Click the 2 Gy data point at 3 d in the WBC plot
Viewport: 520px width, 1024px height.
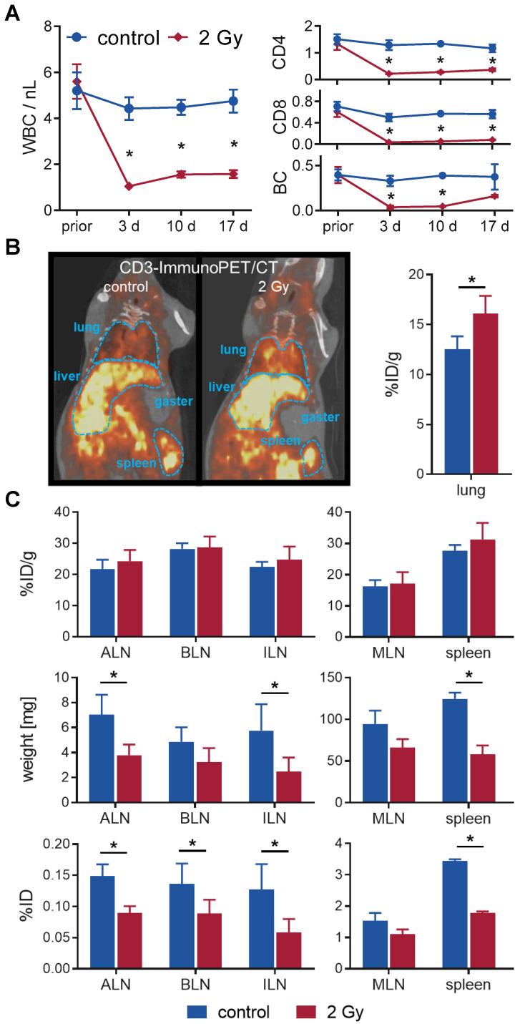tap(129, 186)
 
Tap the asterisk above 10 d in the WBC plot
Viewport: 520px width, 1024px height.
tap(181, 147)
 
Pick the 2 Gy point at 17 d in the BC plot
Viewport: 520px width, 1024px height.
tap(492, 196)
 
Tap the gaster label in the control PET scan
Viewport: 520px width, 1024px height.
tap(174, 401)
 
